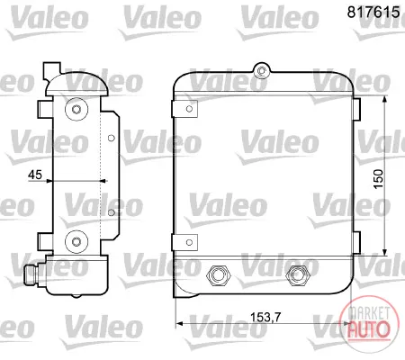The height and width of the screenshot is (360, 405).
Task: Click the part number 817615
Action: [x=373, y=12]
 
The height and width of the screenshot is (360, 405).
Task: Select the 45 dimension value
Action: [x=35, y=175]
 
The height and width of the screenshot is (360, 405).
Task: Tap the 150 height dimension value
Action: [x=379, y=179]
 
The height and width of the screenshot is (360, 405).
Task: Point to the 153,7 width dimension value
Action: [x=265, y=317]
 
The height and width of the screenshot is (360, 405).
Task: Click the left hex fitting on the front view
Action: [x=219, y=275]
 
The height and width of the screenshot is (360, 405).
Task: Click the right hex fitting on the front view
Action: [x=298, y=275]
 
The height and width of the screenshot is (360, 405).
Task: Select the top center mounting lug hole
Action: [x=262, y=71]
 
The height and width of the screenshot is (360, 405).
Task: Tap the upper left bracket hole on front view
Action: [x=189, y=109]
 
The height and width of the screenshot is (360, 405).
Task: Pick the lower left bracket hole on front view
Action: [x=189, y=242]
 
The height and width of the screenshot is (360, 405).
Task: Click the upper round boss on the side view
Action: [x=76, y=109]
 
